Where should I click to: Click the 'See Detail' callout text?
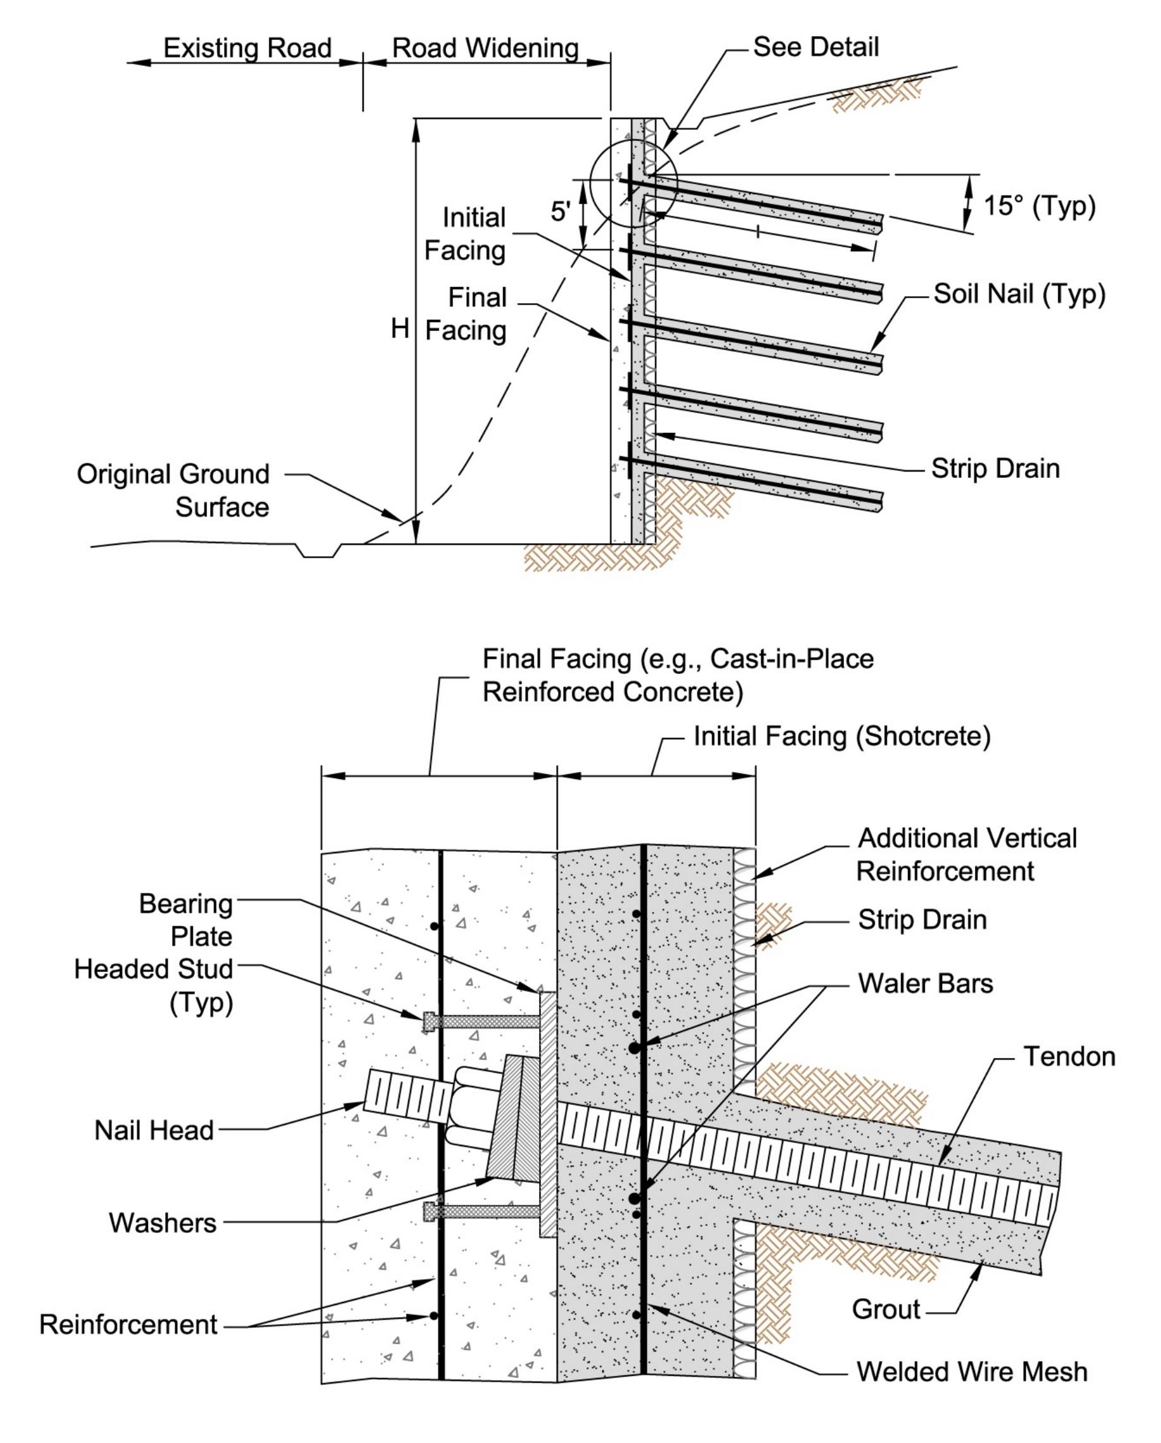(x=815, y=47)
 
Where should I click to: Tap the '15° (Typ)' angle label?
(x=1038, y=206)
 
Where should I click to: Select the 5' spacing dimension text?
(x=561, y=211)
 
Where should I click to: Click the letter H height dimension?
(x=399, y=328)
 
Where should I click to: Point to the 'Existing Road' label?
(x=247, y=48)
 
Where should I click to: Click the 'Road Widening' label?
(x=485, y=48)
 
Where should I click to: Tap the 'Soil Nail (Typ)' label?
(x=1019, y=294)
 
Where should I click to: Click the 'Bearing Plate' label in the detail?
(x=186, y=920)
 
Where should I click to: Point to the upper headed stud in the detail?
(x=481, y=1021)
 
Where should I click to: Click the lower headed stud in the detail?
(x=481, y=1211)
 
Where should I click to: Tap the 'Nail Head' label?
(x=154, y=1130)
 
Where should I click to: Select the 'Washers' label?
(x=163, y=1223)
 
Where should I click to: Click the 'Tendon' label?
(x=1069, y=1057)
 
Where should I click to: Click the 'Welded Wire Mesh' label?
(x=972, y=1371)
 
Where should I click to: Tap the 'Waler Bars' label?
(x=925, y=983)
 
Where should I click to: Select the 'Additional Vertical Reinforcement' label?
(x=966, y=854)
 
